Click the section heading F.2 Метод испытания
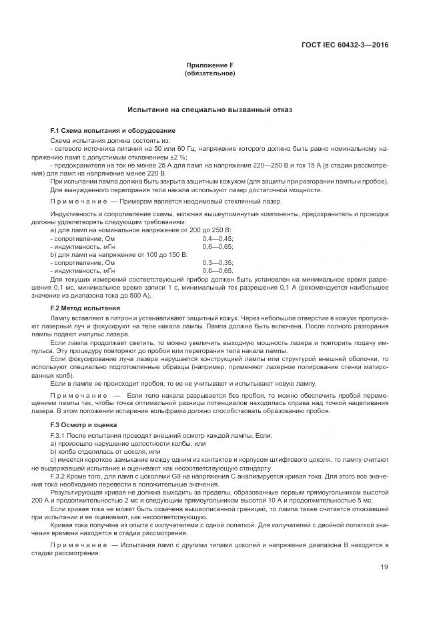[x=85, y=308]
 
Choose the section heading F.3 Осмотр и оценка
[x=84, y=424]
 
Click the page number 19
[x=384, y=567]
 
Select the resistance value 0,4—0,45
[x=217, y=238]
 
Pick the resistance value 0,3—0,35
[x=217, y=264]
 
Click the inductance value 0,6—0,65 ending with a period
[x=217, y=272]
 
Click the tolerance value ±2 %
[x=157, y=156]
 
